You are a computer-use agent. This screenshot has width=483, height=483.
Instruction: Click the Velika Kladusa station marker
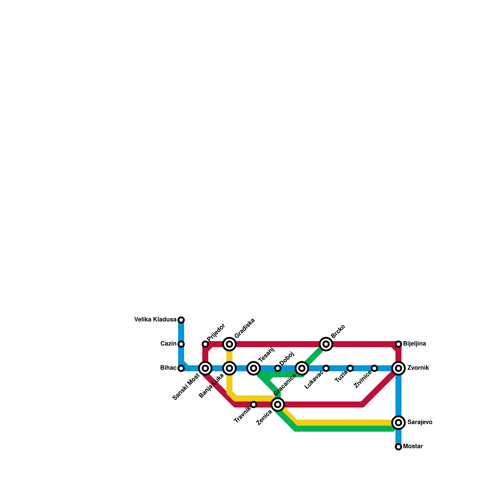[x=181, y=320]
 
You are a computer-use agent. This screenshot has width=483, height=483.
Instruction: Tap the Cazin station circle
[x=181, y=344]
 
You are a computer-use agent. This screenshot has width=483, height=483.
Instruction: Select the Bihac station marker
[x=181, y=368]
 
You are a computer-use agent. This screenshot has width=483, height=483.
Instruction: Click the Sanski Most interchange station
[x=205, y=368]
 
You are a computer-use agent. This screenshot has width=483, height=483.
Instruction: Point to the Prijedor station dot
[x=205, y=344]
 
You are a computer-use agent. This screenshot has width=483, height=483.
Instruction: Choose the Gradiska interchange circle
[x=229, y=344]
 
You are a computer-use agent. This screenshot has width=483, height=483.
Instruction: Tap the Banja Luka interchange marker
[x=229, y=368]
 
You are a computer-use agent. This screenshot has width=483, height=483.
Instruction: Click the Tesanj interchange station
[x=254, y=368]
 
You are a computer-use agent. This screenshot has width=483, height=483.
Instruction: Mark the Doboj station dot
[x=278, y=368]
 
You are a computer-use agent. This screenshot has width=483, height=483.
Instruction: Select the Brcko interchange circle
[x=326, y=344]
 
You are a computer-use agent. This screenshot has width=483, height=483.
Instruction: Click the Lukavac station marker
[x=326, y=368]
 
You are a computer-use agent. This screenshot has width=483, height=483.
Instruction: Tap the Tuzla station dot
[x=350, y=368]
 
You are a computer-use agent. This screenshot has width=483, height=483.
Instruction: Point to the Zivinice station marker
[x=374, y=368]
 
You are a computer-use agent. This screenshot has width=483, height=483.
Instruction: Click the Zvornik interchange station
[x=398, y=368]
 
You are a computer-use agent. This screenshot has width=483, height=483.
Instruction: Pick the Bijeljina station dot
[x=398, y=344]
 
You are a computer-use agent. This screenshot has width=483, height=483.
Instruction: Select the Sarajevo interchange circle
[x=398, y=423]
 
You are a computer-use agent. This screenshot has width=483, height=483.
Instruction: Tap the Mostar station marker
[x=398, y=447]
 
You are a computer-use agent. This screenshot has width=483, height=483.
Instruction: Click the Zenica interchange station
[x=278, y=405]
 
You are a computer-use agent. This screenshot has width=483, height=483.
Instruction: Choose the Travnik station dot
[x=254, y=405]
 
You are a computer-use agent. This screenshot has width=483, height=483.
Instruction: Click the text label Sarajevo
[x=420, y=422]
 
